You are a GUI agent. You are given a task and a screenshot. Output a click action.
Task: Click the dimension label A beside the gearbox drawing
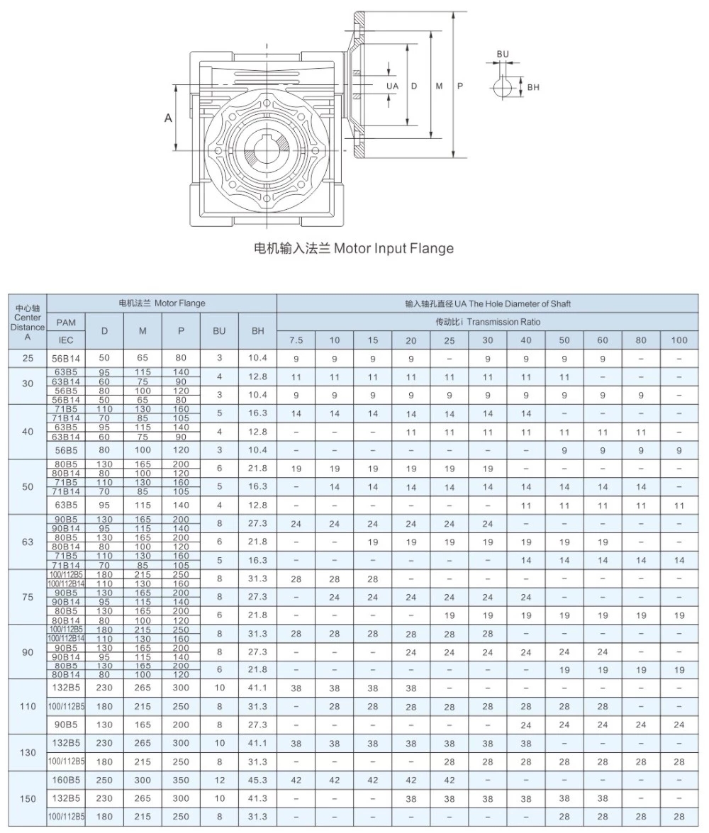click(x=169, y=118)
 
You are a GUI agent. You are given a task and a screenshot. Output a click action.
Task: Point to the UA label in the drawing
click(x=392, y=86)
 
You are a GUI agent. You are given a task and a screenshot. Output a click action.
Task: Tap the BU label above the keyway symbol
click(x=503, y=55)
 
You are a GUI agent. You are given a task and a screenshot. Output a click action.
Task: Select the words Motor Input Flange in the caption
click(x=393, y=248)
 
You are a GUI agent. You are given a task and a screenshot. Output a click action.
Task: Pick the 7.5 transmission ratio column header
click(x=296, y=340)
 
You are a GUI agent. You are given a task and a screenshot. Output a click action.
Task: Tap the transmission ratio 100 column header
click(x=679, y=340)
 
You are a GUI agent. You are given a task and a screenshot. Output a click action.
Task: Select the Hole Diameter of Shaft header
click(x=516, y=303)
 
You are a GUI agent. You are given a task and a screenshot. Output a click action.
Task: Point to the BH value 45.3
click(x=258, y=780)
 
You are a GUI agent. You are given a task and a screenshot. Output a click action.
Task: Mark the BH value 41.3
click(x=258, y=798)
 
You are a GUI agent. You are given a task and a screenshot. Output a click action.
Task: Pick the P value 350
click(x=181, y=780)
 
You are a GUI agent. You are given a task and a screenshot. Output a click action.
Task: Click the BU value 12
click(x=219, y=780)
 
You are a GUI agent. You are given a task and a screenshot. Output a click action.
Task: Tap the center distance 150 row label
click(x=28, y=798)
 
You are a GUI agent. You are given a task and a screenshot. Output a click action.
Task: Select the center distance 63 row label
click(x=28, y=542)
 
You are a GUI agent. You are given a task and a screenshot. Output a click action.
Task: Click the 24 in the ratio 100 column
click(x=679, y=725)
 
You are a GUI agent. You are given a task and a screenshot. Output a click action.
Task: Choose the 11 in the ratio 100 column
click(x=679, y=505)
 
